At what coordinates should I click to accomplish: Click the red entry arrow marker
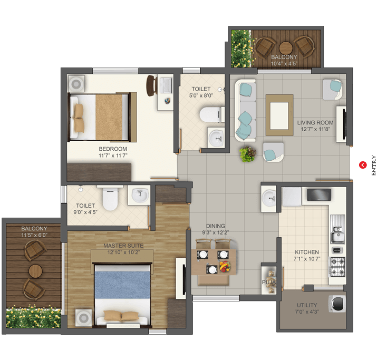click(363, 165)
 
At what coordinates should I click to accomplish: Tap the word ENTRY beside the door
click(373, 165)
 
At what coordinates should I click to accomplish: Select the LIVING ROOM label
click(315, 123)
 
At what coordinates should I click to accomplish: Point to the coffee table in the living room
click(279, 115)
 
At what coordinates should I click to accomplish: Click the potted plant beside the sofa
click(247, 154)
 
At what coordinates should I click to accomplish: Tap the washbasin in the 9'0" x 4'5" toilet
click(140, 194)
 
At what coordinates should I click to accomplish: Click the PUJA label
click(268, 282)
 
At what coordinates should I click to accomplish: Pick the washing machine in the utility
click(337, 304)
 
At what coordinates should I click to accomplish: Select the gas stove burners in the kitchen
click(337, 267)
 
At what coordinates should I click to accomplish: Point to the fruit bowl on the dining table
click(225, 266)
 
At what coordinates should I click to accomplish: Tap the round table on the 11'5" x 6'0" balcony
click(35, 271)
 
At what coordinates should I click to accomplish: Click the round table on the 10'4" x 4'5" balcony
click(286, 48)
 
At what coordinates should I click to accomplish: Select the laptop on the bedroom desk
click(166, 85)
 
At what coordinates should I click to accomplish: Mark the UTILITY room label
click(307, 305)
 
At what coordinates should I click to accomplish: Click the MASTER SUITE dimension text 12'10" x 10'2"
click(123, 252)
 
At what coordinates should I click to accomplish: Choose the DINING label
click(216, 226)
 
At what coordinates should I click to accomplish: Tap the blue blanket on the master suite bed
click(122, 285)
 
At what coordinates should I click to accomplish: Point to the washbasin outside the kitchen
click(269, 198)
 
